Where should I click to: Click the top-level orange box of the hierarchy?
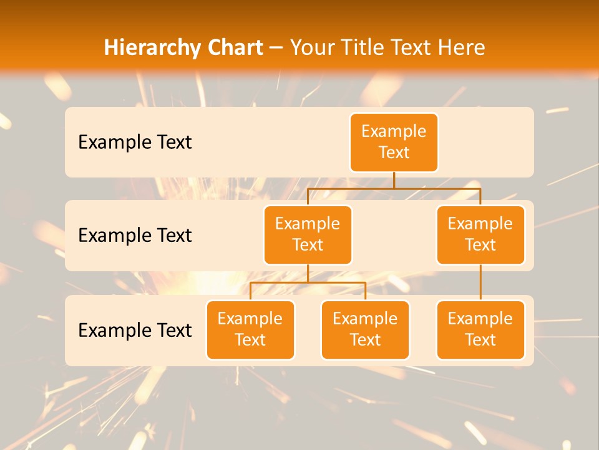point(394,142)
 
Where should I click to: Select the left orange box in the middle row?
point(308,234)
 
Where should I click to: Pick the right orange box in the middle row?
point(480,234)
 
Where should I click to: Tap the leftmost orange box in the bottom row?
point(250,329)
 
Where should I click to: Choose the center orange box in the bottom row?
point(365,329)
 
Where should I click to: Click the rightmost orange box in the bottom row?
point(480,329)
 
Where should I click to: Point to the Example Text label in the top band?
point(135,142)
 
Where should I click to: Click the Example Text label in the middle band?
point(135,236)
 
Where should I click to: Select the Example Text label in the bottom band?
point(135,330)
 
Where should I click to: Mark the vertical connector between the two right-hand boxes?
point(480,282)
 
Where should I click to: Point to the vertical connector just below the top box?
point(394,180)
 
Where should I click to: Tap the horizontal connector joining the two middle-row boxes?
point(394,188)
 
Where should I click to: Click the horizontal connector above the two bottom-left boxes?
point(308,282)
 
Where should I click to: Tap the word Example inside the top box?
point(394,132)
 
